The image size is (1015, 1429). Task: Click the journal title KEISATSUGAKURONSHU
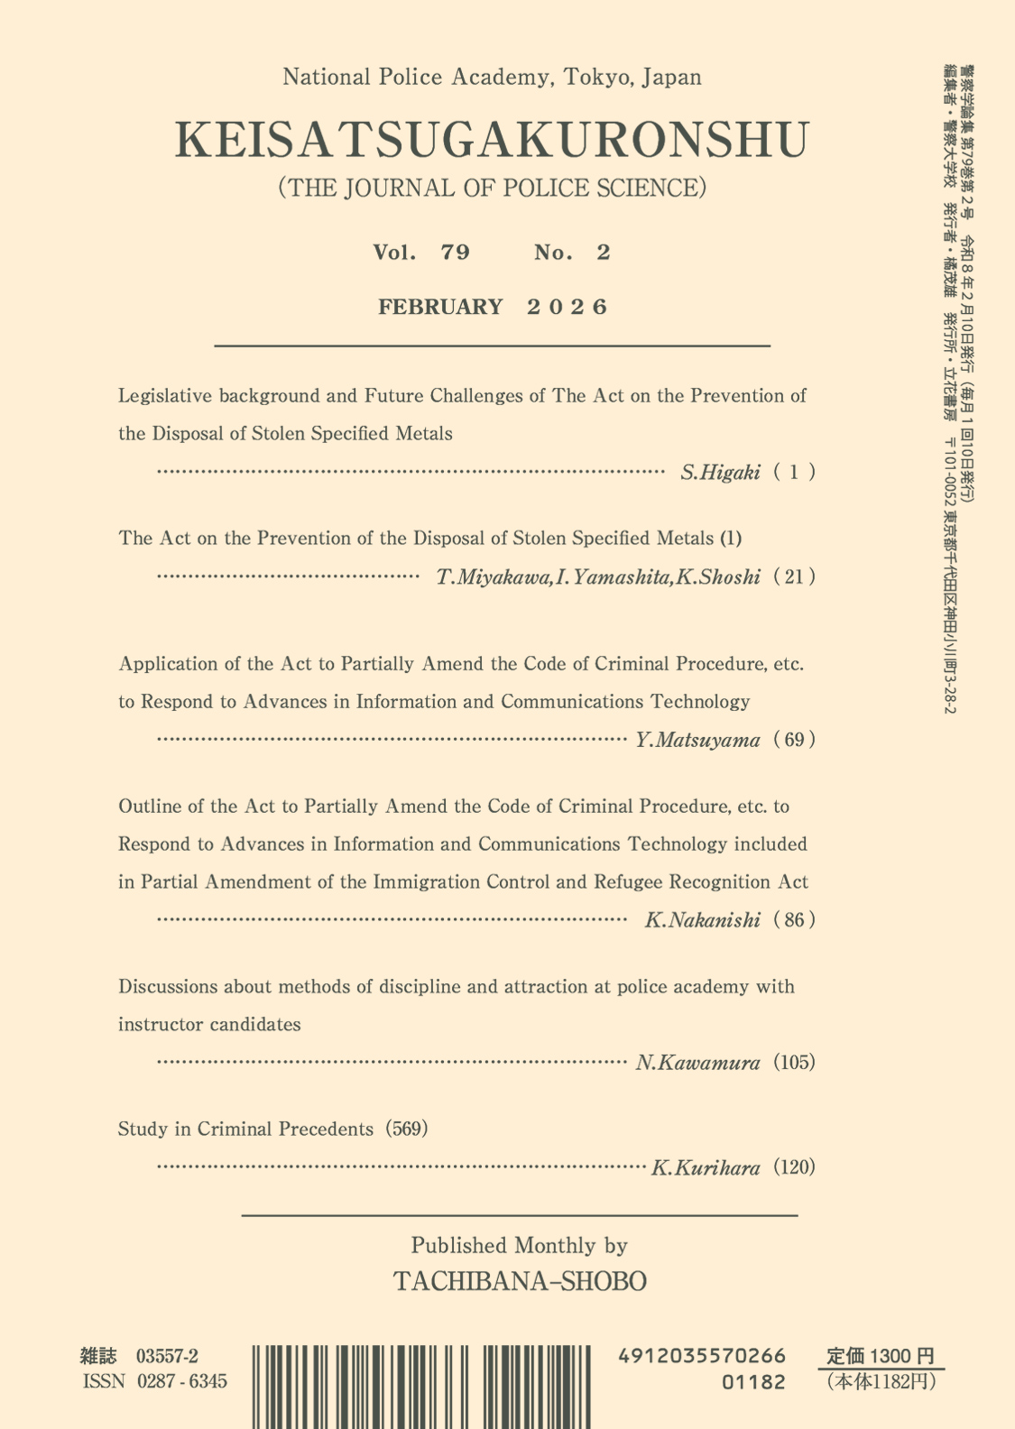point(492,140)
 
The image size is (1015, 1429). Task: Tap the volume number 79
point(456,253)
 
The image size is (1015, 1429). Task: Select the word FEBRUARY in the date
point(440,307)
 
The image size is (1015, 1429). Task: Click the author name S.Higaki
point(720,472)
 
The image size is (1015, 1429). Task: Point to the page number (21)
point(794,576)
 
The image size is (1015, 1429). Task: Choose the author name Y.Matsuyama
point(697,741)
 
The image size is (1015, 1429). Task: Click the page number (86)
point(794,920)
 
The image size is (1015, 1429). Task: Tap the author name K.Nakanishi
point(702,921)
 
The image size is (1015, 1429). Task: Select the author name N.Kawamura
point(697,1063)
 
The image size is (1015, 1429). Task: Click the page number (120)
point(794,1167)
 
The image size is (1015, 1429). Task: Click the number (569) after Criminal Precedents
point(406,1129)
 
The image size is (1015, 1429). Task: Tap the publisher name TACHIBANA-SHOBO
point(520,1281)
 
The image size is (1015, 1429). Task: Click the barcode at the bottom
point(421,1385)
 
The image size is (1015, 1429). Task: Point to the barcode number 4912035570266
point(702,1356)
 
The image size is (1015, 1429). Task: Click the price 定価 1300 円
point(880,1356)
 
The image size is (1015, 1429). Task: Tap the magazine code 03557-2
point(167,1356)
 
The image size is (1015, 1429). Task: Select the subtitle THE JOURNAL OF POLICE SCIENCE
point(492,188)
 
